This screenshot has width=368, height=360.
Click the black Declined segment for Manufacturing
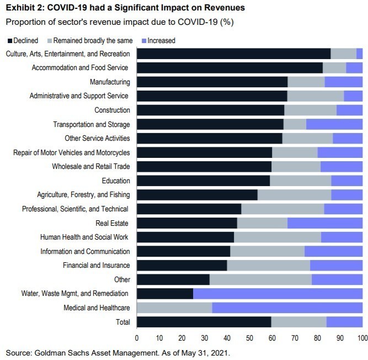pos(212,82)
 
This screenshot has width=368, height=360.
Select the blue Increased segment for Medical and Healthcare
pos(287,308)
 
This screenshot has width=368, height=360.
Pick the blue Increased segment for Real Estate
pos(325,223)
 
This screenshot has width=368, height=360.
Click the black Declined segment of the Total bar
pos(204,322)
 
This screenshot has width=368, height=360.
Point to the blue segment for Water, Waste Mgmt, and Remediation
pos(278,294)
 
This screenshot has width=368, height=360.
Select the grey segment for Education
pos(300,181)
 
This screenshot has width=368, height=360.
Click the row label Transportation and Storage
pos(92,124)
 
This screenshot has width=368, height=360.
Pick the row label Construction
pos(112,110)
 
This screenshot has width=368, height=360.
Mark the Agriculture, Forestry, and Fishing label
pos(83,194)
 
